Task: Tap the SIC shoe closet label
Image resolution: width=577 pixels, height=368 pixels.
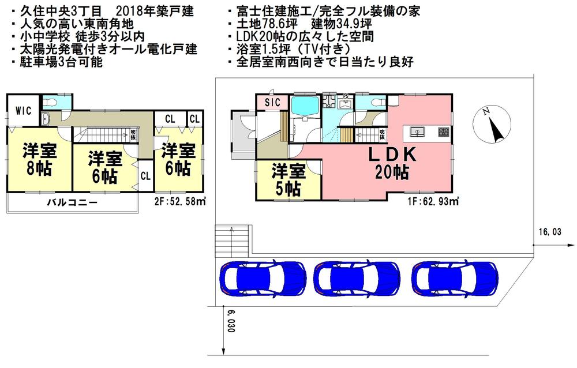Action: point(272,102)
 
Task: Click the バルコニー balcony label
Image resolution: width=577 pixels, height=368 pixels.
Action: point(72,203)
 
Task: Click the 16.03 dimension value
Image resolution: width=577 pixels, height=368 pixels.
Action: point(550,232)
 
